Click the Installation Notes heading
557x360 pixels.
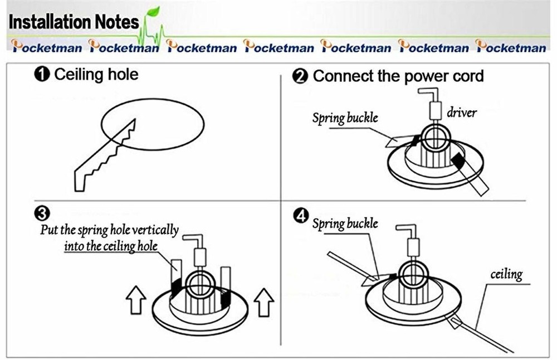(x=74, y=22)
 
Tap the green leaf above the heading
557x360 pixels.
(x=153, y=11)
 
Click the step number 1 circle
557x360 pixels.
(x=42, y=75)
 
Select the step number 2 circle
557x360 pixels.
(x=300, y=76)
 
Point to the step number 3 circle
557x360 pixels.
(x=42, y=213)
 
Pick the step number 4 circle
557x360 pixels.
(x=301, y=216)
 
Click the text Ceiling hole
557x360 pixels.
(x=96, y=75)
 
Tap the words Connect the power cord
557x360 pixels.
(x=398, y=76)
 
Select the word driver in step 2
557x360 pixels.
(x=461, y=113)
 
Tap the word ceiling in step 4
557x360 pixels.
(x=506, y=274)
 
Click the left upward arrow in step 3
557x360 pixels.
(x=136, y=300)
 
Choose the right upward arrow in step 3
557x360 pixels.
(x=264, y=302)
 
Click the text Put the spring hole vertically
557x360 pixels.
(x=109, y=230)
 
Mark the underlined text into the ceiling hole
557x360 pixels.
(x=111, y=246)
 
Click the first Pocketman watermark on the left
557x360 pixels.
(x=47, y=46)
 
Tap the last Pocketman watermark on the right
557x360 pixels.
(x=511, y=46)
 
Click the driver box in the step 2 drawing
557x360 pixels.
(x=436, y=110)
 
